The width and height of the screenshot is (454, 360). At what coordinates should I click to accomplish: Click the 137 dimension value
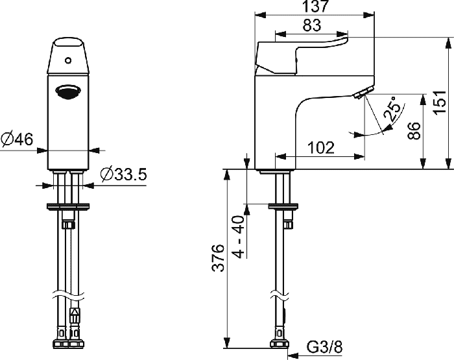click(315, 6)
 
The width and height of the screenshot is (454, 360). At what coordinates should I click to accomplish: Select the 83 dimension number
click(312, 25)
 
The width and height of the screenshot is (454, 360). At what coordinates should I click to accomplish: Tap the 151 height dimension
click(440, 102)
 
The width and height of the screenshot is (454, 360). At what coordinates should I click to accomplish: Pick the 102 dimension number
click(321, 148)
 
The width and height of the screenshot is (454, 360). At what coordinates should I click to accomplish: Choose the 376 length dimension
click(219, 258)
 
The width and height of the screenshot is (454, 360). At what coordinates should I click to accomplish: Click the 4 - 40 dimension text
click(239, 237)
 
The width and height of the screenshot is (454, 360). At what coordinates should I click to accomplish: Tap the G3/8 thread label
click(324, 346)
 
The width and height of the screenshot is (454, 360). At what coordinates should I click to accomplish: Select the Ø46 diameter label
click(17, 139)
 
